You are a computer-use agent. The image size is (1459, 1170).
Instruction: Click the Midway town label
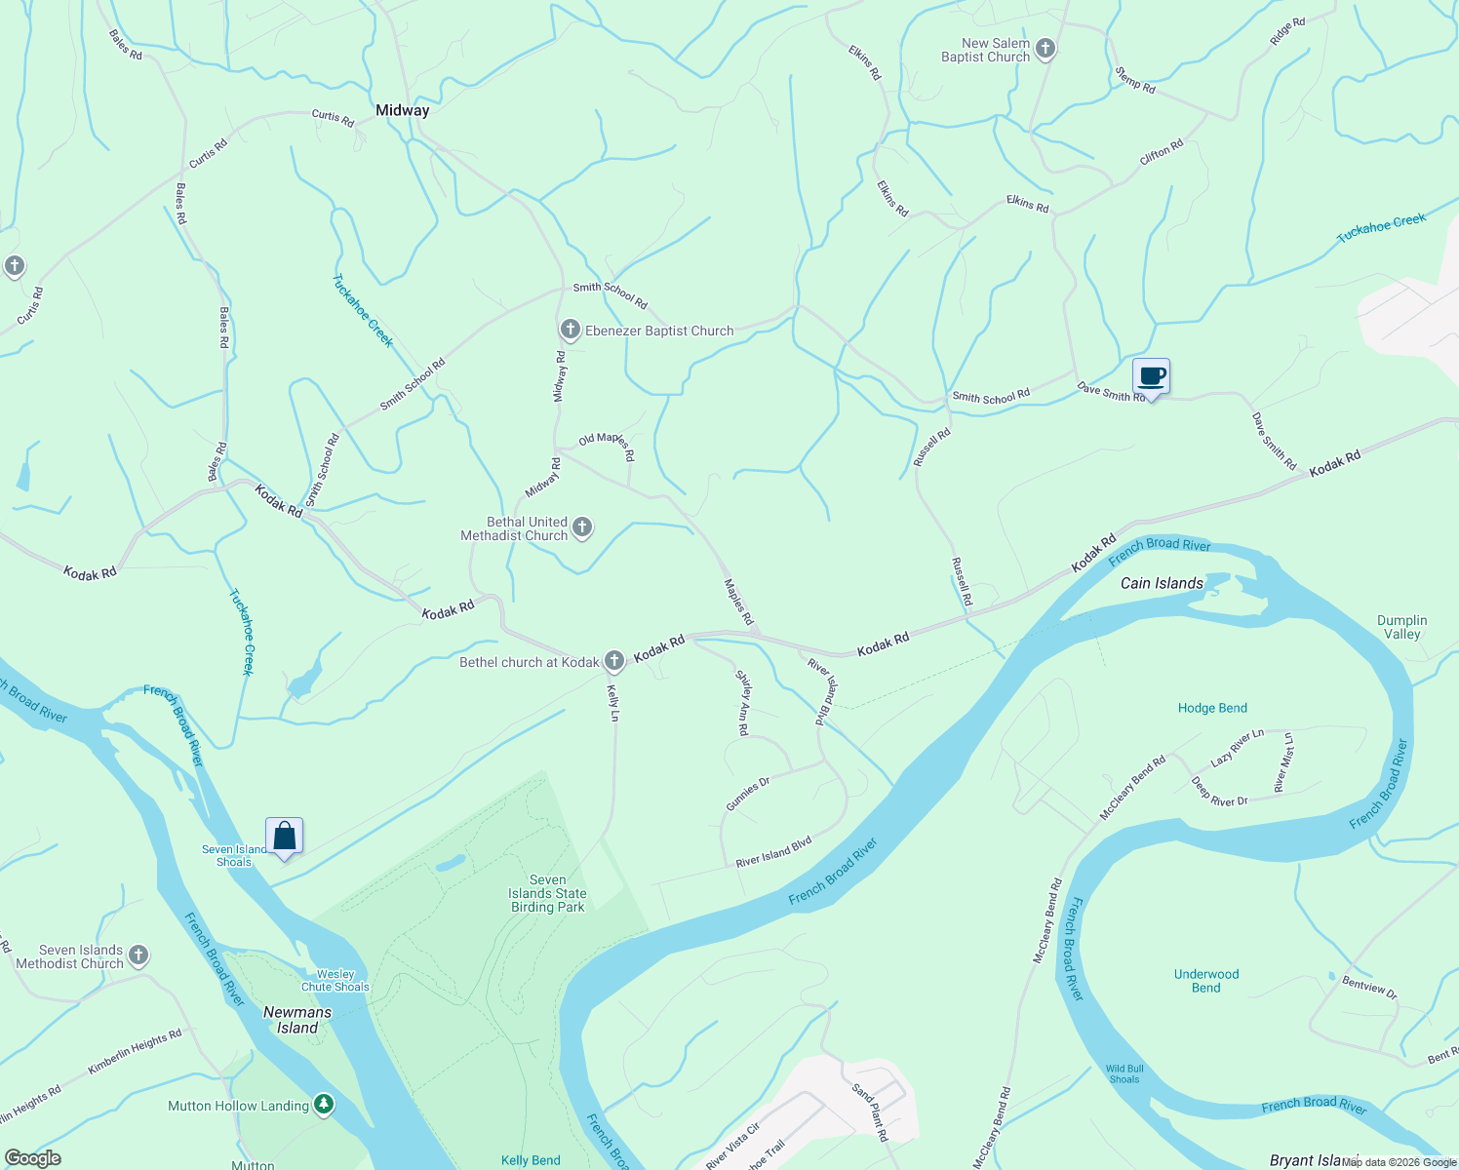coord(402,110)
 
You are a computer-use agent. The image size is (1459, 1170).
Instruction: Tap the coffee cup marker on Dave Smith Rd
coord(1151,376)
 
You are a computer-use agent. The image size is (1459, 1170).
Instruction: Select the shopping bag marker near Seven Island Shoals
coord(284,836)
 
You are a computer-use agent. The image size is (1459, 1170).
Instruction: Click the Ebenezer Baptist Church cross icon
coord(571,330)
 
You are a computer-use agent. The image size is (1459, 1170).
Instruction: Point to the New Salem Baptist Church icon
coord(1045,49)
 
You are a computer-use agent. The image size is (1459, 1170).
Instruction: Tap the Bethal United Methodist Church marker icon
coord(582,528)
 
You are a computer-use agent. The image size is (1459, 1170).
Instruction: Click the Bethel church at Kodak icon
coord(614,661)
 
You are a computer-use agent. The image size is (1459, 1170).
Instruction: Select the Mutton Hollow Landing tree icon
coord(324,1105)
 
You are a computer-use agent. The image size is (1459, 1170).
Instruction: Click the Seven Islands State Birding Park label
coord(548,893)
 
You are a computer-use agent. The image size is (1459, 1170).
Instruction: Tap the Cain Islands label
coord(1162,583)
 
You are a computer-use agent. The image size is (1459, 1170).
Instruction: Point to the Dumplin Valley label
coord(1401,627)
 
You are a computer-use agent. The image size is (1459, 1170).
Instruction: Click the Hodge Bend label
coord(1212,708)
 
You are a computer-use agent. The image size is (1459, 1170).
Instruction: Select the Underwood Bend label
coord(1206,981)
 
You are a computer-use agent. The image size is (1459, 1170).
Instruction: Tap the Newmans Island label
coord(297,1020)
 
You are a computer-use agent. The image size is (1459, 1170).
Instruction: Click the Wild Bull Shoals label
coord(1124,1073)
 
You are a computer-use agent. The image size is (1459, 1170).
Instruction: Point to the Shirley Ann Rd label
coord(743,702)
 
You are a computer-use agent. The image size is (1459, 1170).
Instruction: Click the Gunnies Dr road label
coord(748,794)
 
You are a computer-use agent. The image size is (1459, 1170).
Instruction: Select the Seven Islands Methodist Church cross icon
coord(138,955)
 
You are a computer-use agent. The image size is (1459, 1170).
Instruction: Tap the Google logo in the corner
coord(32,1158)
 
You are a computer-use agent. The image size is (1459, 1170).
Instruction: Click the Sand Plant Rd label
coord(870,1111)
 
